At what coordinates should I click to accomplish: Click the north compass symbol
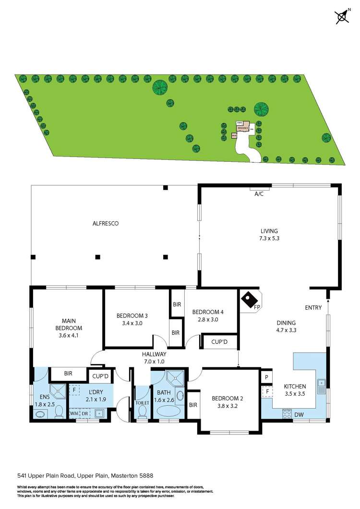[x=342, y=17]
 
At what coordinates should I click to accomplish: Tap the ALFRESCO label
[x=105, y=223]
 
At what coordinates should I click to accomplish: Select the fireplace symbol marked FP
[x=249, y=301]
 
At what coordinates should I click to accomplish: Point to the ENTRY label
[x=312, y=308]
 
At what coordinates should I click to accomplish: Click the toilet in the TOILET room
[x=142, y=412]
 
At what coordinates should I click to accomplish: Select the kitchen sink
[x=321, y=383]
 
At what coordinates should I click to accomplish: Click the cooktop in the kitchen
[x=288, y=413]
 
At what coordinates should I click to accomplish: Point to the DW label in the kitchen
[x=299, y=414]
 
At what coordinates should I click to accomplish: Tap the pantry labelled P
[x=266, y=377]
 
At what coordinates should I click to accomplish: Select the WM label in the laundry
[x=74, y=413]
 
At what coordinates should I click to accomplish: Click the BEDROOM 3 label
[x=132, y=315]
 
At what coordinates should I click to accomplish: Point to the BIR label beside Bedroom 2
[x=193, y=405]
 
